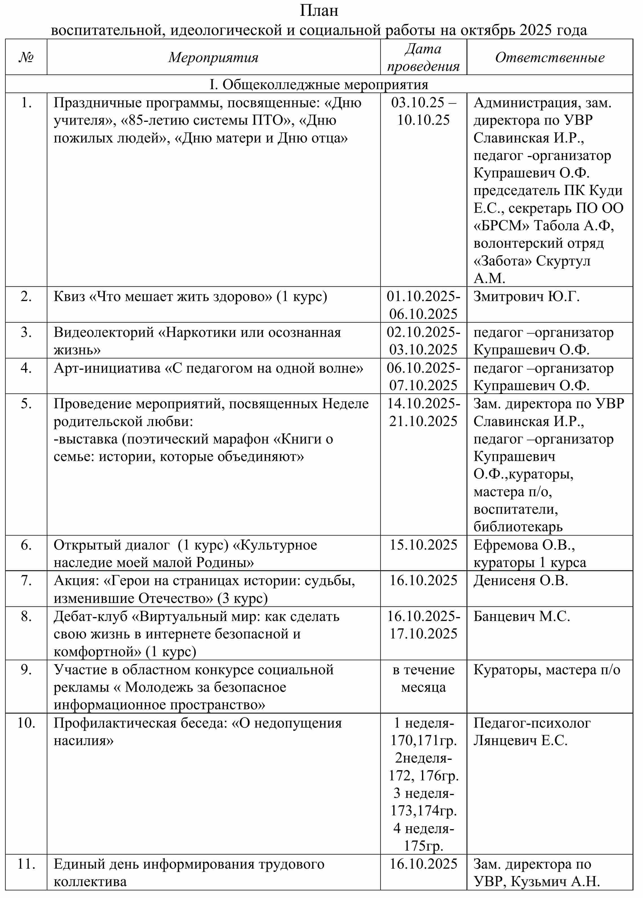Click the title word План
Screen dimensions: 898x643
[319, 11]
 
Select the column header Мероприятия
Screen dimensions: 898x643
[213, 58]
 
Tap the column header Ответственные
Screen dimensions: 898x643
[550, 58]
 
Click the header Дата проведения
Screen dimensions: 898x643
[423, 58]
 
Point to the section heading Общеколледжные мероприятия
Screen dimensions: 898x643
[325, 84]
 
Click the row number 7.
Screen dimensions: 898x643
[26, 580]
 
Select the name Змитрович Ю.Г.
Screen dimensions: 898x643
[526, 296]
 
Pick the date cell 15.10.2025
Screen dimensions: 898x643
[423, 545]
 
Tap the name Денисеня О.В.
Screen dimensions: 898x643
[521, 580]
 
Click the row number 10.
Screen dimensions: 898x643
[26, 723]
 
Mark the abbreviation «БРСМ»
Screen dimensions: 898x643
[501, 226]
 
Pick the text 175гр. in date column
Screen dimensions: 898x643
[423, 846]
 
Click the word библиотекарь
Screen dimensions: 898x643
[518, 527]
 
